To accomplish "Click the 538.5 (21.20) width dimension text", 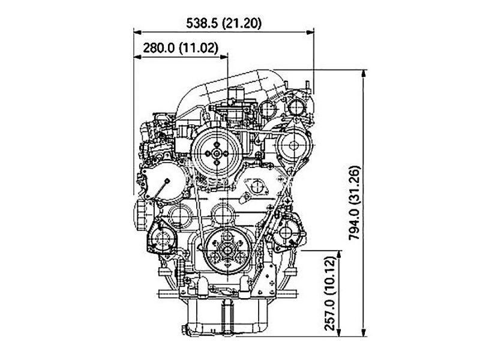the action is pos(224,23).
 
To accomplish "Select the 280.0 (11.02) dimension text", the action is pos(181,48).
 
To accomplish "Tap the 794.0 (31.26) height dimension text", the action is pos(355,203).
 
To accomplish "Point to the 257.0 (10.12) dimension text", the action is pos(330,293).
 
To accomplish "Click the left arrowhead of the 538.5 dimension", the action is pos(137,32).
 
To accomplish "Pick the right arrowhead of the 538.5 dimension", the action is pos(310,32).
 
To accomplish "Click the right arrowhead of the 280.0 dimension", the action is pos(224,56).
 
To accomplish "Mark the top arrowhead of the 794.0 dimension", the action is pos(364,74).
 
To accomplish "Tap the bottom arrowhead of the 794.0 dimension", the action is pos(364,332).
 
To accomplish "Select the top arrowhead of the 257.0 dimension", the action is pos(338,254).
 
